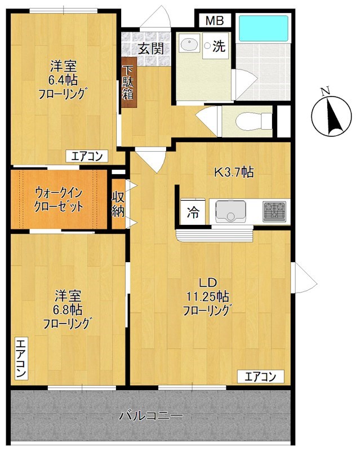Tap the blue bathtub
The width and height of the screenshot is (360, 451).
[263, 28]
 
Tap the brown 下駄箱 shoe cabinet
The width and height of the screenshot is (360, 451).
[128, 83]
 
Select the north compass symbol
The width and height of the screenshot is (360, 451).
[331, 115]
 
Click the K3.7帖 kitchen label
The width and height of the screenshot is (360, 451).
[232, 173]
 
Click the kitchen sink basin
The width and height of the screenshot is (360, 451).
[231, 211]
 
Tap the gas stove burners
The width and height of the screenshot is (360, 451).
[275, 211]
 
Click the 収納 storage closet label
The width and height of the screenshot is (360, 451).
[118, 204]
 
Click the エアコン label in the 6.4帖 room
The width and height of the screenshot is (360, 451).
[86, 157]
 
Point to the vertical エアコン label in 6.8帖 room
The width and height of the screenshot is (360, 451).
[20, 359]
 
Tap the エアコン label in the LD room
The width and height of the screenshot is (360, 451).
[260, 376]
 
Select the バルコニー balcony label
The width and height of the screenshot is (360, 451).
[150, 417]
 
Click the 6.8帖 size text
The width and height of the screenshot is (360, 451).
[68, 309]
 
